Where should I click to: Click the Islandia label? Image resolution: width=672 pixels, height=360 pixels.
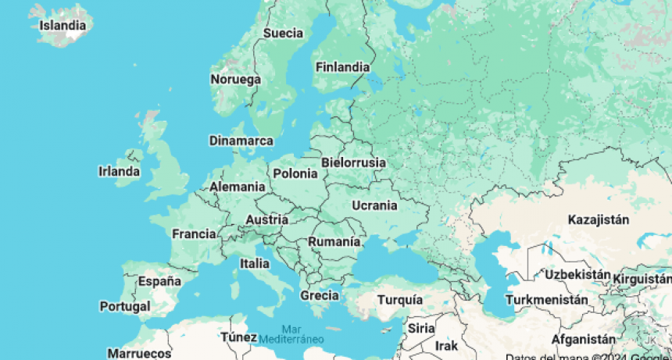(x=63, y=25)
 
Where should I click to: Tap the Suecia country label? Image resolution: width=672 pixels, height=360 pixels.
(x=283, y=34)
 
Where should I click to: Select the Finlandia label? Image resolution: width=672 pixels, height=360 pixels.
(x=342, y=67)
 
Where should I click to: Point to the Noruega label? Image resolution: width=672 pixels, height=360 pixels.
(x=235, y=80)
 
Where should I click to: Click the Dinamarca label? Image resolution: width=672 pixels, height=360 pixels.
(x=241, y=141)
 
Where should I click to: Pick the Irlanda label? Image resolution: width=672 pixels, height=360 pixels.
(x=120, y=171)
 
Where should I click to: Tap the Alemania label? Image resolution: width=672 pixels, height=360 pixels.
(x=237, y=187)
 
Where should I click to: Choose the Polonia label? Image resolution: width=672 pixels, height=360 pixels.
(x=295, y=173)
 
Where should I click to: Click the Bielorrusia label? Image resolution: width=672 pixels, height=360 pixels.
(x=353, y=162)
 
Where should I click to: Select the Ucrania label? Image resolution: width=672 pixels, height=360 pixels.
(x=375, y=205)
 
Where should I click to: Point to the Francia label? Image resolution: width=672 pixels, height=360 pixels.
(x=194, y=233)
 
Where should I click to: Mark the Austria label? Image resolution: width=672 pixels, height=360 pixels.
(x=266, y=220)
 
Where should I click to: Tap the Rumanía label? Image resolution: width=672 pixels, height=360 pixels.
(x=334, y=242)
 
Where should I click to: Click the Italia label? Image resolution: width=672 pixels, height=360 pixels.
(x=255, y=264)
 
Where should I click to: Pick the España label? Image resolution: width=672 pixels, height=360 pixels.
(x=159, y=281)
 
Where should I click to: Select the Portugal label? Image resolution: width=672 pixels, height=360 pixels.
(x=125, y=306)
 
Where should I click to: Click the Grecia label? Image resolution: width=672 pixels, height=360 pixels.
(x=320, y=295)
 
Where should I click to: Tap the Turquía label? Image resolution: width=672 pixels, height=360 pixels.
(x=400, y=300)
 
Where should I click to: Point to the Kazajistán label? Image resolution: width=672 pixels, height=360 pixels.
(x=599, y=219)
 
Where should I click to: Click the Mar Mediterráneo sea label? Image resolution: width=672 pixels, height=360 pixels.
(x=291, y=333)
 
